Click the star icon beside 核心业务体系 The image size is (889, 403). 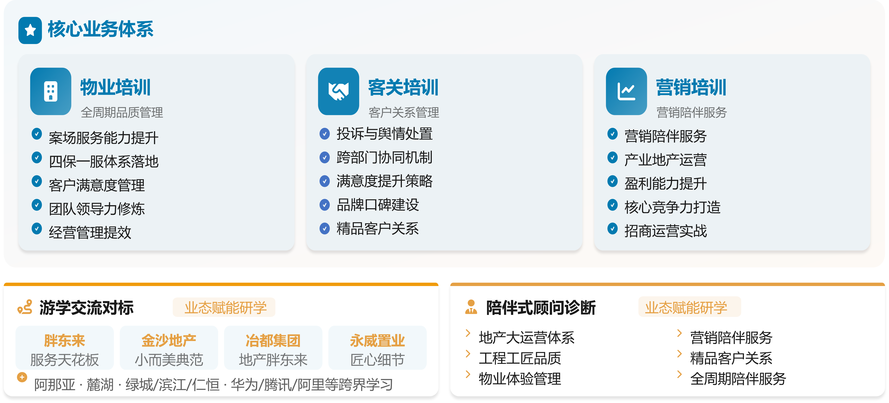pyautogui.click(x=30, y=30)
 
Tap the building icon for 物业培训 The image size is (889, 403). pyautogui.click(x=51, y=91)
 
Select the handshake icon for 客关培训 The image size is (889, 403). pyautogui.click(x=339, y=91)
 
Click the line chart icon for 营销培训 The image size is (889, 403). pyautogui.click(x=626, y=91)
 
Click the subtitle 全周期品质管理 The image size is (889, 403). pyautogui.click(x=122, y=112)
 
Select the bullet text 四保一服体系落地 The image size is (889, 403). pyautogui.click(x=104, y=161)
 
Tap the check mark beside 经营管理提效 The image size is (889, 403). pyautogui.click(x=37, y=228)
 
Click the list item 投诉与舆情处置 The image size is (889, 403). pyautogui.click(x=384, y=134)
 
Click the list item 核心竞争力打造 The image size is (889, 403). pyautogui.click(x=672, y=207)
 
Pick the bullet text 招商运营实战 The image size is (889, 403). pyautogui.click(x=665, y=231)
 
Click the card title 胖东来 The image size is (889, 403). pyautogui.click(x=65, y=341)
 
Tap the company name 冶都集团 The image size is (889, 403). pyautogui.click(x=273, y=341)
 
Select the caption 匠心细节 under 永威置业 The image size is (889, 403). pyautogui.click(x=377, y=359)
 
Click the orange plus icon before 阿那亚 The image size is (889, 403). pyautogui.click(x=22, y=377)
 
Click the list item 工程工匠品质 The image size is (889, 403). pyautogui.click(x=520, y=358)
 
